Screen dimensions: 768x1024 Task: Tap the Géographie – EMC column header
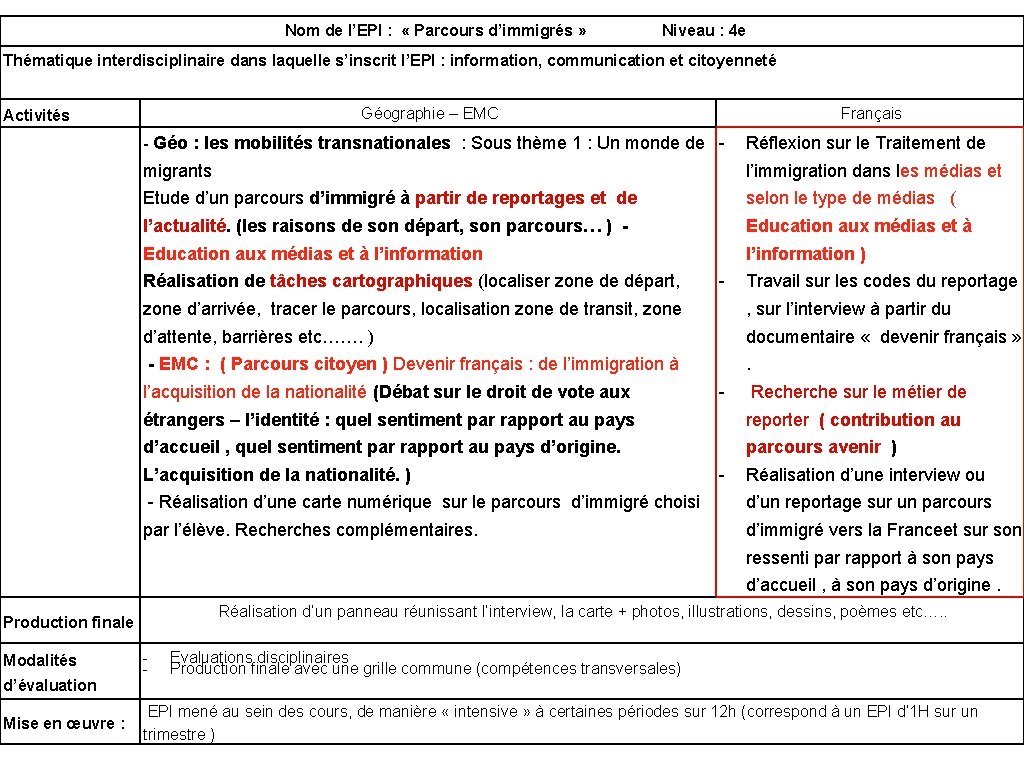429,114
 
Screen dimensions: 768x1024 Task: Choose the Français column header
870,114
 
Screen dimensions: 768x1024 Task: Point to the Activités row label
37,115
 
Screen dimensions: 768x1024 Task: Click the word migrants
177,171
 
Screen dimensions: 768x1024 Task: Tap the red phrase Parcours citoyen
310,364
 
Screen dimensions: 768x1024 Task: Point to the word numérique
385,502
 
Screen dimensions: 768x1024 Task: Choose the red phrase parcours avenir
813,447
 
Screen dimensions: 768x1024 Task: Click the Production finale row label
68,622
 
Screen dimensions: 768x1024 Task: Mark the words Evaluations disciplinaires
259,657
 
